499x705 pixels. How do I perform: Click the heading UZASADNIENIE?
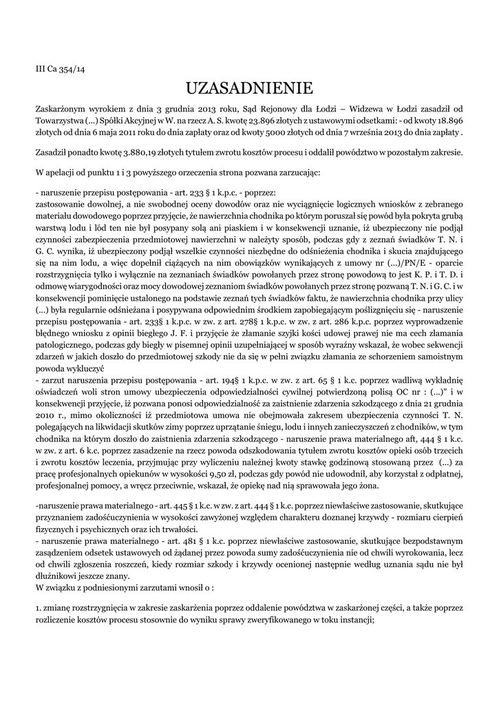(249, 88)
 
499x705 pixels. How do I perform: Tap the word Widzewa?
(368, 109)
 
